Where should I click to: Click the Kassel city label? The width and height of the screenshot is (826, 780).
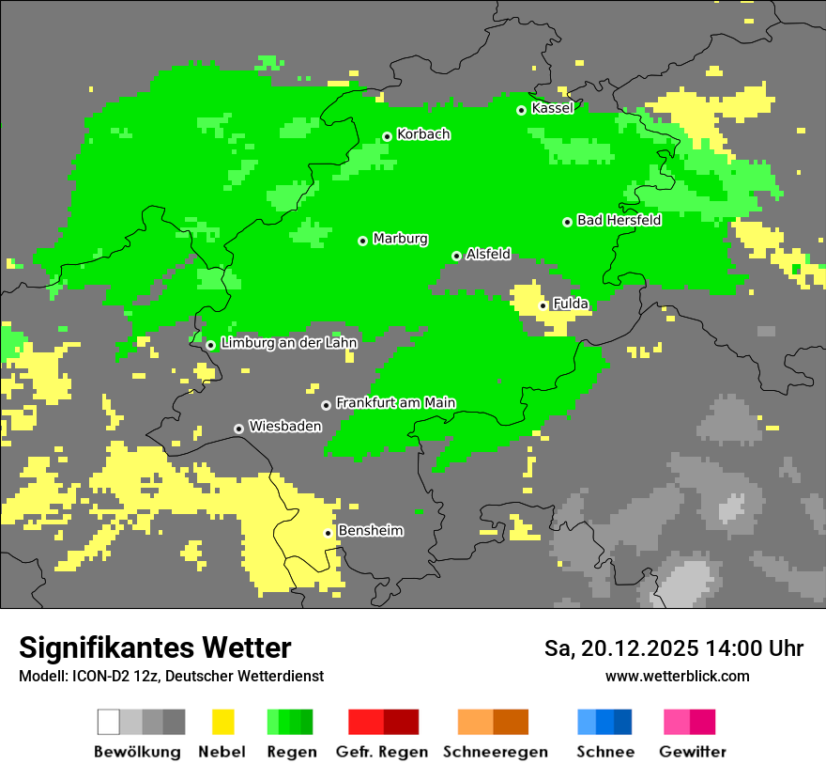[552, 108]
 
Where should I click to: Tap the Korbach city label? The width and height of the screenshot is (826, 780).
[423, 134]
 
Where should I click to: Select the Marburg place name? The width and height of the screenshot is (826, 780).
[400, 239]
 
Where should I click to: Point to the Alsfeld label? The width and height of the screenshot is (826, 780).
[488, 254]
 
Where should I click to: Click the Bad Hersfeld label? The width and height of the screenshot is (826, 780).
[619, 220]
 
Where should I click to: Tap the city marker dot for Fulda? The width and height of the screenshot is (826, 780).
[543, 305]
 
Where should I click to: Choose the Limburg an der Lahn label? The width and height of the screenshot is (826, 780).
[288, 343]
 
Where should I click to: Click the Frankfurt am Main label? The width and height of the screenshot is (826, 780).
[395, 402]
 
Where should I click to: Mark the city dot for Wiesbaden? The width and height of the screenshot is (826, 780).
[239, 429]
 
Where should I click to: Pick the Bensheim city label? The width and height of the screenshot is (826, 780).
[370, 531]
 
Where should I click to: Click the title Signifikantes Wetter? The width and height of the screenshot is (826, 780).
[155, 647]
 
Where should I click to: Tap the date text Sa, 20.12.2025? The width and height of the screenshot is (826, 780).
[620, 648]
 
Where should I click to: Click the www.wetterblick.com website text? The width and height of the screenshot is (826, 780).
[677, 676]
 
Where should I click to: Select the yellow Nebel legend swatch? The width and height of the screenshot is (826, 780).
[222, 722]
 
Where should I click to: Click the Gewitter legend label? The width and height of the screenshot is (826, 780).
[693, 752]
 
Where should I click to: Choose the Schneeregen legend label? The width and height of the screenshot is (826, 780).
[495, 752]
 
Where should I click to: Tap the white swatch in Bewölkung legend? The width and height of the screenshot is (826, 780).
[109, 722]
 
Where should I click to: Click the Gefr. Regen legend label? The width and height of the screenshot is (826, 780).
[382, 752]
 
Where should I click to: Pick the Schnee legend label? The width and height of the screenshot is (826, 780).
[604, 752]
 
